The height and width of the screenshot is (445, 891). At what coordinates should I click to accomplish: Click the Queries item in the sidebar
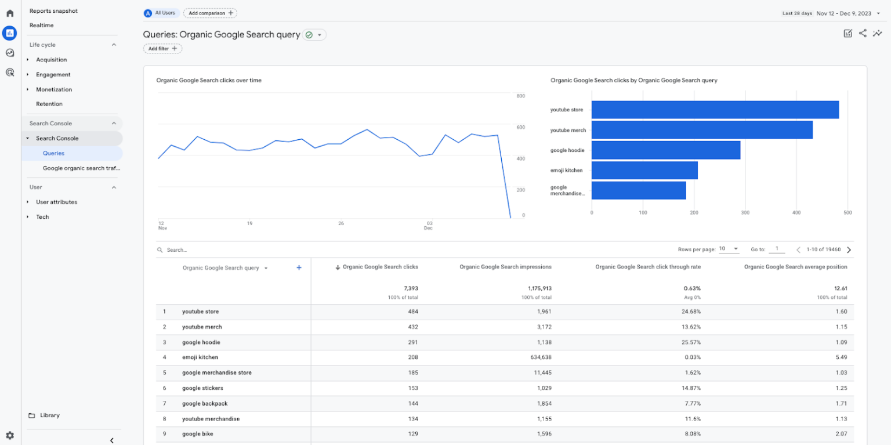[53, 153]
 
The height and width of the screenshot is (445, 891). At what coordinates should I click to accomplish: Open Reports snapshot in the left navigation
[53, 11]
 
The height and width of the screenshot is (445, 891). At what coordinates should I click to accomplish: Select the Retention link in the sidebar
[49, 104]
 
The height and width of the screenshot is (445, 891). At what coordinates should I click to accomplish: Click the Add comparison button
[210, 13]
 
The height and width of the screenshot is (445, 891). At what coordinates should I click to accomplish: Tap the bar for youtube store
[715, 110]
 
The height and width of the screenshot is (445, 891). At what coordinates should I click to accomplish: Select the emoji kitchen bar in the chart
[644, 171]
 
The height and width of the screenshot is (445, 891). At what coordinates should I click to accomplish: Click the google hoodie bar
[665, 150]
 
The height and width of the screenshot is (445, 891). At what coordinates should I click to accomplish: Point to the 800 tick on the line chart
[520, 96]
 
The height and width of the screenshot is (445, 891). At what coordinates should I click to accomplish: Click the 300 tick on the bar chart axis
[745, 213]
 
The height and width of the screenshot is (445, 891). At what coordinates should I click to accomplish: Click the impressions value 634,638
[539, 357]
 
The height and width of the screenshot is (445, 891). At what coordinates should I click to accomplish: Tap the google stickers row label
[202, 388]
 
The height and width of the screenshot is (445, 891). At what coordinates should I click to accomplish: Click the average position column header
[795, 267]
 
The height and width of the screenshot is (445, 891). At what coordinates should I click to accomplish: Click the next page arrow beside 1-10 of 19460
[849, 249]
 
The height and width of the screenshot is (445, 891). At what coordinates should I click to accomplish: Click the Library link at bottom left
[49, 415]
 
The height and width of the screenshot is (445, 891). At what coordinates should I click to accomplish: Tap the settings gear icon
[10, 435]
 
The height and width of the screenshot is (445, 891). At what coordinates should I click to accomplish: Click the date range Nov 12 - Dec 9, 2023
[844, 13]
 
